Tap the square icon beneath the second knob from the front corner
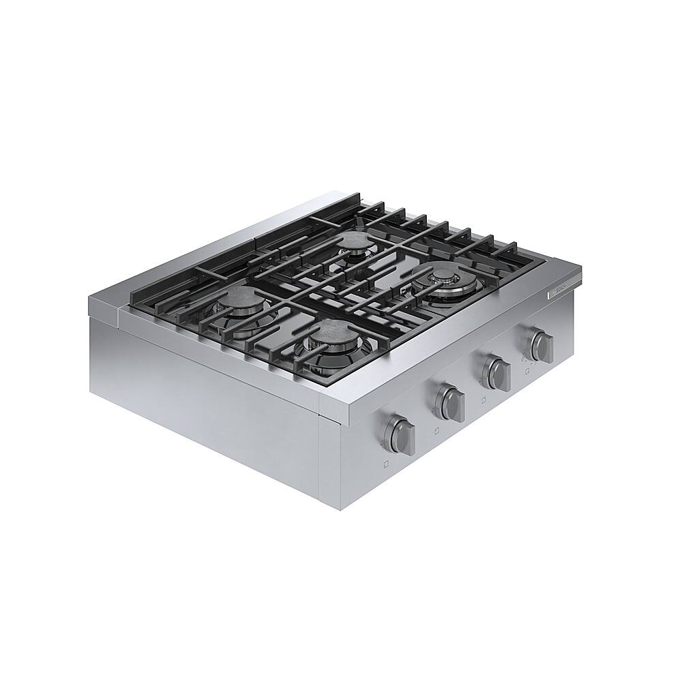click(436, 431)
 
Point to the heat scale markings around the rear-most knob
click(528, 353)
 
